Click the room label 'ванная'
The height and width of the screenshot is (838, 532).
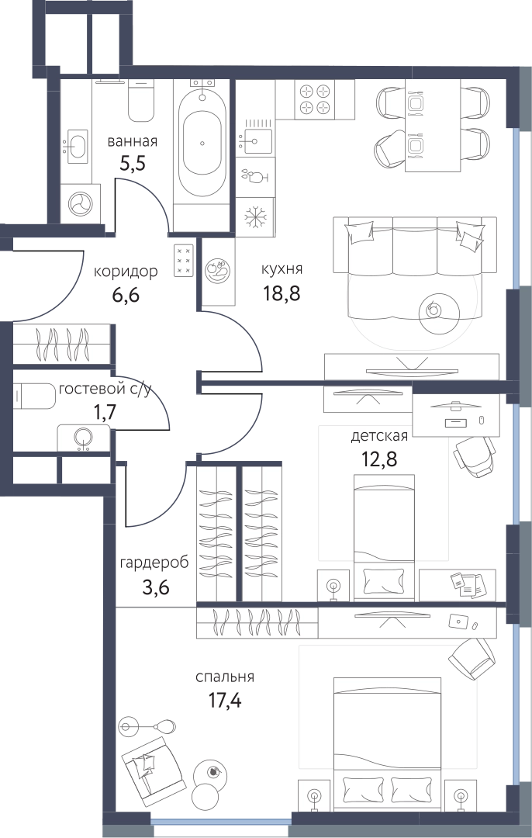point(132,142)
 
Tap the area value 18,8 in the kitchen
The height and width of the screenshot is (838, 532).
point(281,293)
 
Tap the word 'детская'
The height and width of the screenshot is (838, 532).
point(378,436)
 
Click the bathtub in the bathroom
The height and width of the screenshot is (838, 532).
point(202,144)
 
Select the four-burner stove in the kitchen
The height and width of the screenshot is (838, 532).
point(315,99)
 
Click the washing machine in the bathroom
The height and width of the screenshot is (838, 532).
point(79,203)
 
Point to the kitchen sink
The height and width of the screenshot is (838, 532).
point(255,138)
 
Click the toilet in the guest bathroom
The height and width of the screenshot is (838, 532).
point(35,396)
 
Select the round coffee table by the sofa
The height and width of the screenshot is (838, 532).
point(439,313)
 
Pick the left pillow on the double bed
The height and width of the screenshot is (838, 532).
point(362,788)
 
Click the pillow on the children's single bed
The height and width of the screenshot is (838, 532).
point(384,579)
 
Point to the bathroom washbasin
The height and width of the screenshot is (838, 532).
point(76,144)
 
